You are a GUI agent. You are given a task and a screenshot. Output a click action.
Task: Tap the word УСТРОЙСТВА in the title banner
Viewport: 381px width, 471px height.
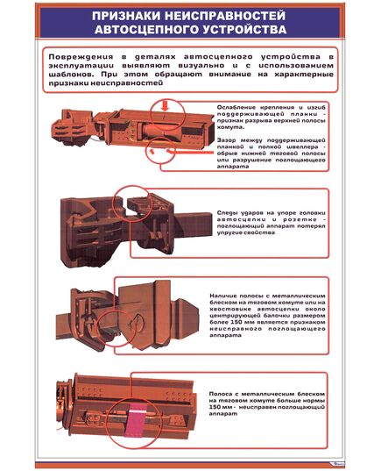(x=242, y=29)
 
